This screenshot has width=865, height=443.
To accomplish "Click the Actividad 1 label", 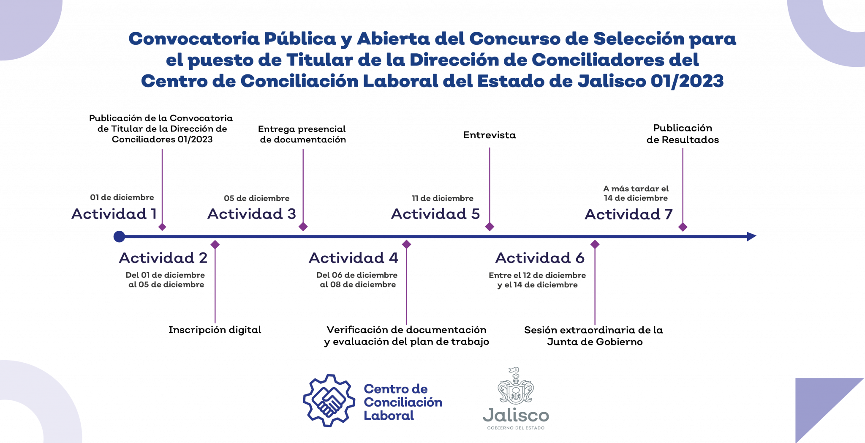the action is pyautogui.click(x=114, y=214).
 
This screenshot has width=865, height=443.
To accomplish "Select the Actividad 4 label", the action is pyautogui.click(x=354, y=258).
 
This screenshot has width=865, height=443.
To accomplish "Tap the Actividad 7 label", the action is pyautogui.click(x=628, y=214).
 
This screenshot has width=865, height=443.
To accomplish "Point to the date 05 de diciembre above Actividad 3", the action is pyautogui.click(x=257, y=198).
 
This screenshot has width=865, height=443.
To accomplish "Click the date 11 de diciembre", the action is pyautogui.click(x=443, y=198).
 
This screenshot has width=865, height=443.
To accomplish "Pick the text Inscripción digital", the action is pyautogui.click(x=215, y=330).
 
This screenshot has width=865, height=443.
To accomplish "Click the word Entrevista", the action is pyautogui.click(x=490, y=135).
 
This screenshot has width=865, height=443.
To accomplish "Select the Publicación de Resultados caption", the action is pyautogui.click(x=683, y=134).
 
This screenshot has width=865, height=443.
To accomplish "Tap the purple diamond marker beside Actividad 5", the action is pyautogui.click(x=490, y=227).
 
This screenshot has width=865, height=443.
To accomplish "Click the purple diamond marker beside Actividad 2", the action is pyautogui.click(x=215, y=245).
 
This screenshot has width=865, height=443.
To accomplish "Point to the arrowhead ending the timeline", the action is pyautogui.click(x=751, y=237).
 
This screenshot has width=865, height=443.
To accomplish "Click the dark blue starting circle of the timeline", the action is pyautogui.click(x=119, y=237).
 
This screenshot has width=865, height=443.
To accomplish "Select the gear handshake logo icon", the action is pyautogui.click(x=329, y=400).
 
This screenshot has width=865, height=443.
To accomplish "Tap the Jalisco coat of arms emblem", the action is pyautogui.click(x=516, y=386).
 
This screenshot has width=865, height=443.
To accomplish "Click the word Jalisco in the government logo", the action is pyautogui.click(x=516, y=416).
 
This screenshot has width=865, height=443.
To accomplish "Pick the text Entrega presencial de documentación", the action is pyautogui.click(x=302, y=134).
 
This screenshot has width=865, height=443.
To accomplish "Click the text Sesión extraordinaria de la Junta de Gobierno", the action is pyautogui.click(x=594, y=336).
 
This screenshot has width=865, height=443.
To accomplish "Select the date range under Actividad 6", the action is pyautogui.click(x=537, y=280).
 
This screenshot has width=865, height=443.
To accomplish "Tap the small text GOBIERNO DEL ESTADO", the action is pyautogui.click(x=516, y=428).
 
